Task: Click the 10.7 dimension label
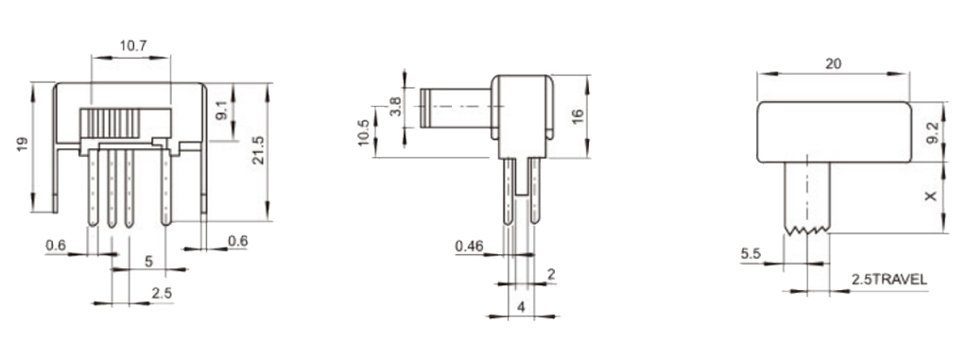click(x=133, y=45)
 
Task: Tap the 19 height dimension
click(x=23, y=145)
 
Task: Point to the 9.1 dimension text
click(x=223, y=111)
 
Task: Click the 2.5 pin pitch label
click(x=162, y=294)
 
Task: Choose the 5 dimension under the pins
click(x=148, y=262)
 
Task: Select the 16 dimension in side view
click(x=578, y=117)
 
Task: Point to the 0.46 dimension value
click(x=469, y=247)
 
